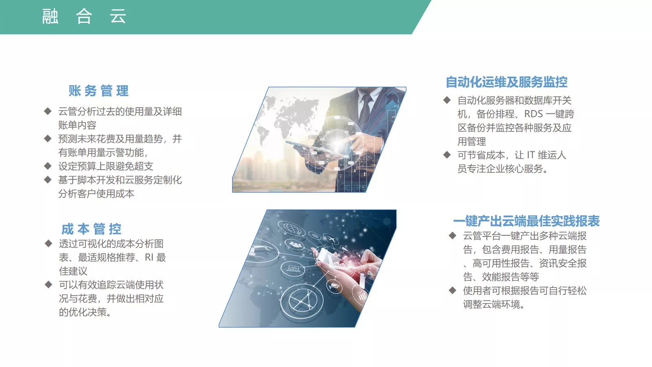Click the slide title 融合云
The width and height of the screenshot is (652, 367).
click(84, 16)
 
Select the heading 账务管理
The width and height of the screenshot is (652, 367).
click(98, 91)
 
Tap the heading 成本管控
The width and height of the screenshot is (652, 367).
click(91, 229)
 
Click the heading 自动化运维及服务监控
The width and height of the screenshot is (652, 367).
click(507, 82)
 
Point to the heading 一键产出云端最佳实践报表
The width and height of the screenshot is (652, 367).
click(526, 221)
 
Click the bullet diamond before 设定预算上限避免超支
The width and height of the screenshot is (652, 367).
click(48, 166)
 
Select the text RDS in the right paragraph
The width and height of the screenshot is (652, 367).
click(533, 114)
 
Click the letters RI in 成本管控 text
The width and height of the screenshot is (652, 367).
click(149, 257)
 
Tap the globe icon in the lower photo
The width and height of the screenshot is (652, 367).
click(291, 228)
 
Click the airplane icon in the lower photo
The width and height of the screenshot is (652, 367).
click(331, 239)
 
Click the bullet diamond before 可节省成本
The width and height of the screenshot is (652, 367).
click(447, 155)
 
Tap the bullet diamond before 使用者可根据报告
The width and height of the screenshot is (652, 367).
click(452, 290)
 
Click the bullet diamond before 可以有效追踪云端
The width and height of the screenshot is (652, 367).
click(48, 284)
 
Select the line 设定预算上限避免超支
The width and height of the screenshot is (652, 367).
click(106, 166)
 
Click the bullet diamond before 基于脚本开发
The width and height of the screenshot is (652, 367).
click(48, 179)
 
